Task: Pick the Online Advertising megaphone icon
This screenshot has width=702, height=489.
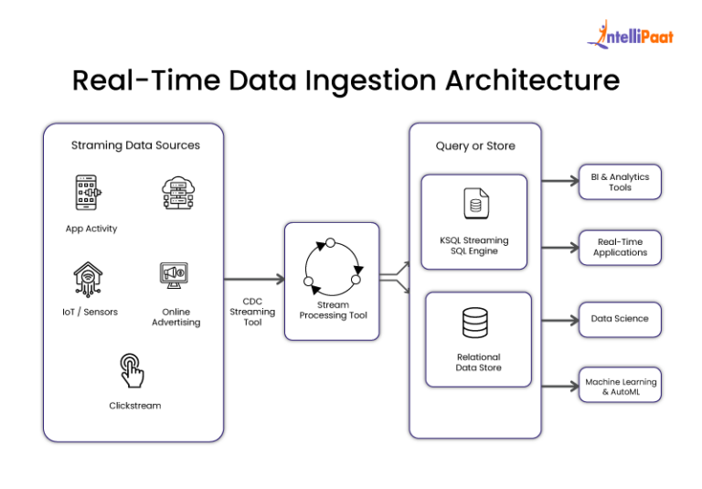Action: pyautogui.click(x=175, y=273)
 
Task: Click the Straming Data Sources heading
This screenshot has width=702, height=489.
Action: pyautogui.click(x=135, y=144)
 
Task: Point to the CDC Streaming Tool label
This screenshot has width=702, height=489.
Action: pyautogui.click(x=251, y=311)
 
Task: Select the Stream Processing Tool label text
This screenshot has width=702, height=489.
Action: pyautogui.click(x=331, y=311)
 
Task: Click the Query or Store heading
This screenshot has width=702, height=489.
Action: pyautogui.click(x=474, y=145)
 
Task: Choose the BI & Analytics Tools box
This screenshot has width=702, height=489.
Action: pyautogui.click(x=620, y=181)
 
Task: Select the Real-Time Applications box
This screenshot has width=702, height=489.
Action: pyautogui.click(x=620, y=247)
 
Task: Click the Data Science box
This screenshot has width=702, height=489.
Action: pyautogui.click(x=620, y=319)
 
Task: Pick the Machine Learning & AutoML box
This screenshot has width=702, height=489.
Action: pyautogui.click(x=620, y=386)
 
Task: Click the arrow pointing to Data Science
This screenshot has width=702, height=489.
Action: pyautogui.click(x=558, y=320)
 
